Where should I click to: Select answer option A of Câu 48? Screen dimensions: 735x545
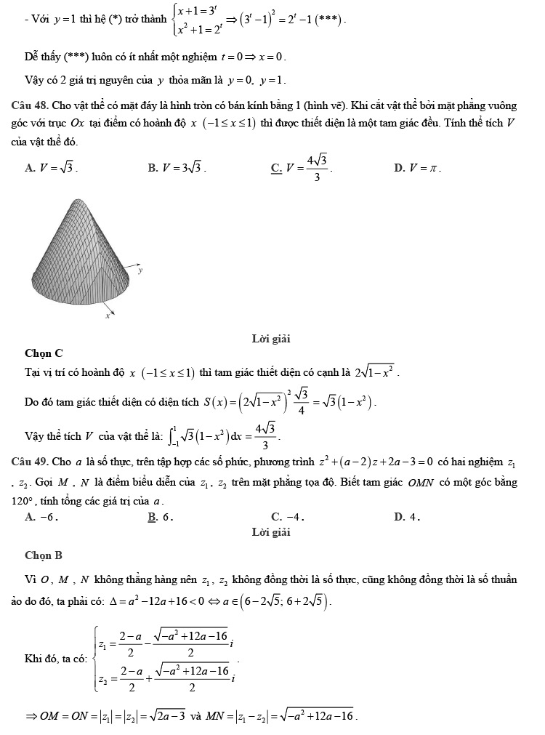click(x=51, y=168)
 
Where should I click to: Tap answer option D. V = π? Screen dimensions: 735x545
click(x=418, y=168)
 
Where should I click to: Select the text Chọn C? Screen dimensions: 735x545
click(x=44, y=353)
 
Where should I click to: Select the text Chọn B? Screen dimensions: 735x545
click(x=44, y=555)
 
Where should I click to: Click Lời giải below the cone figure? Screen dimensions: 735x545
click(x=271, y=339)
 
